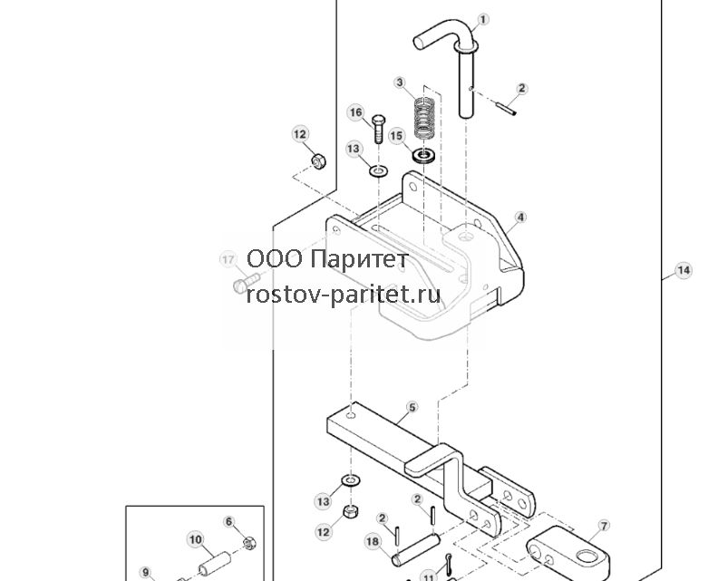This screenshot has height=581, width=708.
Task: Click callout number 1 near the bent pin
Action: pos(482,20)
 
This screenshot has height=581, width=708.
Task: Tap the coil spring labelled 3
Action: pos(425,119)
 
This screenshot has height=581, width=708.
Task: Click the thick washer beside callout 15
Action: pos(423,156)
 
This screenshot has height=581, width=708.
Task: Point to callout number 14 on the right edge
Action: pos(683,270)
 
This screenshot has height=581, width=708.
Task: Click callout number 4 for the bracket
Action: pos(520,218)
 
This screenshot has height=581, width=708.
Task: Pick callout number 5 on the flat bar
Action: pos(412,408)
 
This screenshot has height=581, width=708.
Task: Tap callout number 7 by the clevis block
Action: pos(604,526)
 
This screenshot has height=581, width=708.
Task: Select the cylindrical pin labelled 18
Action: pos(416,549)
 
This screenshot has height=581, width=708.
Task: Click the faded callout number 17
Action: pos(228,259)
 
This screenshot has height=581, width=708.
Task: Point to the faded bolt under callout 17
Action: pos(247,283)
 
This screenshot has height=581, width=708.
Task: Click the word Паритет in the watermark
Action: pos(360,259)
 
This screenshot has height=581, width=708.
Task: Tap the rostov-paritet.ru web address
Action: pos(344,295)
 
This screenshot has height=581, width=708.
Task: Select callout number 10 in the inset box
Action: pos(196,539)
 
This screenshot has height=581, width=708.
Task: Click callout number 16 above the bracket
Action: pos(355,112)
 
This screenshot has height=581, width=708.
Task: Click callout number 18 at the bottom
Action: pos(373,541)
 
